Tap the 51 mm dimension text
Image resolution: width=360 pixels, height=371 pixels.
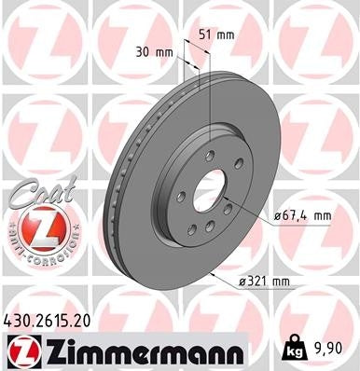[x=216, y=34]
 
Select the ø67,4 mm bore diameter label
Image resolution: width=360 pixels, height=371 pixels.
[x=306, y=215]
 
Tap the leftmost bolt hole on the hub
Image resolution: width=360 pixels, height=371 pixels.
[x=179, y=198]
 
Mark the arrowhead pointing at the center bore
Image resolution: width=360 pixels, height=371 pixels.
[x=229, y=206]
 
